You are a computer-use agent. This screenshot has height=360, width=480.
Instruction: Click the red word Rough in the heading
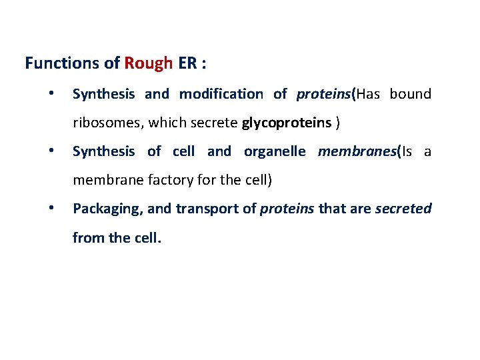click(x=148, y=63)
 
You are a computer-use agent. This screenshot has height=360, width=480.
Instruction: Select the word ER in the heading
click(x=187, y=63)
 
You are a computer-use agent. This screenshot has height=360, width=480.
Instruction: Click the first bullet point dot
click(x=51, y=93)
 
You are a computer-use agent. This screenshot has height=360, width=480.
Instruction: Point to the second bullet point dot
click(x=51, y=151)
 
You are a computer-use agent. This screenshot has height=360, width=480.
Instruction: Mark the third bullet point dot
click(x=51, y=208)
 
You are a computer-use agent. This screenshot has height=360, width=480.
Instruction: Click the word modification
click(x=221, y=94)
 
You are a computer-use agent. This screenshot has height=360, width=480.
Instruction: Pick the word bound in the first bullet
click(x=411, y=94)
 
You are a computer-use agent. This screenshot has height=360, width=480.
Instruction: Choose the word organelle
click(x=275, y=151)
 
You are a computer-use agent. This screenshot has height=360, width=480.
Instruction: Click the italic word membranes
click(x=357, y=151)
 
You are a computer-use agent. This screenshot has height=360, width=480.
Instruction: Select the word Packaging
click(x=107, y=209)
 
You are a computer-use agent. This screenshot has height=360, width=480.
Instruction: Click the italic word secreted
click(x=403, y=209)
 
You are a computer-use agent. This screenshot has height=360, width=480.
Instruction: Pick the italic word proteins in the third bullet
click(x=287, y=209)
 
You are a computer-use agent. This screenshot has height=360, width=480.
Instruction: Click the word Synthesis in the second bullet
click(x=103, y=151)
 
